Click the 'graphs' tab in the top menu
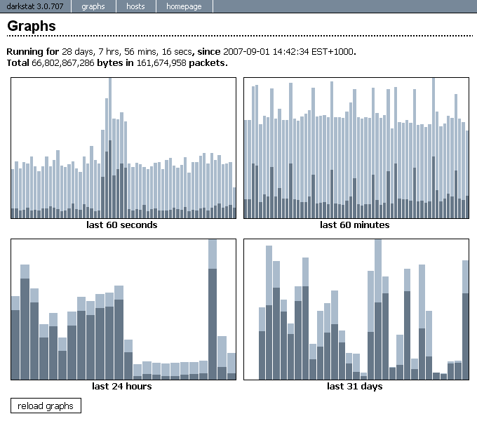pos(93,6)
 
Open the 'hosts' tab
pos(136,6)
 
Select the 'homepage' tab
pos(184,6)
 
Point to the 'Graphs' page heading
pos(32,26)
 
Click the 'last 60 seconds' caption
pos(122,225)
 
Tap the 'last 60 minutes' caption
pos(354,225)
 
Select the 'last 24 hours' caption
pos(122,386)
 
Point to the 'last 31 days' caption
pos(354,386)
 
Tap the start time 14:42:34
pos(290,52)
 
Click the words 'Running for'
pos(32,52)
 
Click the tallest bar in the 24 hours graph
pos(213,309)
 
